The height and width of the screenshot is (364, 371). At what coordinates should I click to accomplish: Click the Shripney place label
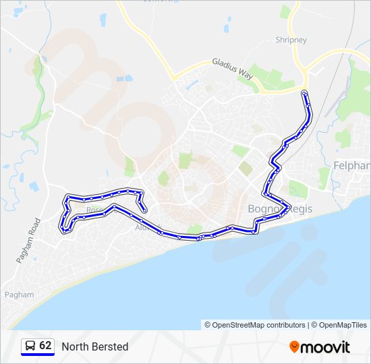291,40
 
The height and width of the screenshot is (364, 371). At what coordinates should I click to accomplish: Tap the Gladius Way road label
233,67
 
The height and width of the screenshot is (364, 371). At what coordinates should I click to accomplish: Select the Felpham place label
351,165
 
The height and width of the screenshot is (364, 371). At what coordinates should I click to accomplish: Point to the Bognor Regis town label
281,210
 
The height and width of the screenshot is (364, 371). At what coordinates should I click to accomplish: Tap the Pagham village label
18,295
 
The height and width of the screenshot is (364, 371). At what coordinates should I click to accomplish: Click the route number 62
45,346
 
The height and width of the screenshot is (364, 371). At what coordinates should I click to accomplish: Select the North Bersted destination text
94,346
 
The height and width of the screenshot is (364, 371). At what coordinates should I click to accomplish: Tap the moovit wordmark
326,347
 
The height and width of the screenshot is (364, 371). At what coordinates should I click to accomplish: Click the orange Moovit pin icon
294,347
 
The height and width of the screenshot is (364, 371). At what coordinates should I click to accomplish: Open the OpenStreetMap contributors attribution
255,325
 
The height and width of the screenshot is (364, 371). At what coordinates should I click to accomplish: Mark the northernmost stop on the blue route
305,92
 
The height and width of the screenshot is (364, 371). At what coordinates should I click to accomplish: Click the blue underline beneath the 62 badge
38,355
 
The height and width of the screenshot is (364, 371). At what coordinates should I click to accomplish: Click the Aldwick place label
148,227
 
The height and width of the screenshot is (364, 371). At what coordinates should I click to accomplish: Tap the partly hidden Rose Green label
95,210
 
